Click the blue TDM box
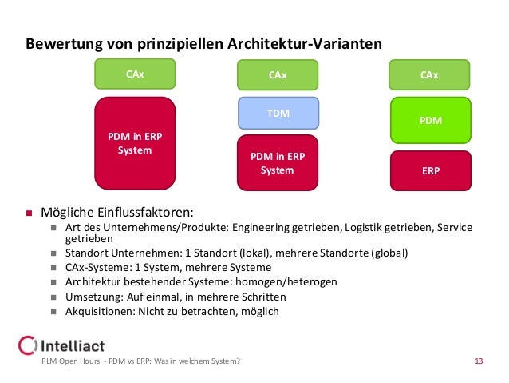point(278,114)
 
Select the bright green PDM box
point(429,120)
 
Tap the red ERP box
point(429,170)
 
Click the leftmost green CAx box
point(135,74)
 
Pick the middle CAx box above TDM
point(278,75)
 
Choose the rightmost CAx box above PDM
point(429,75)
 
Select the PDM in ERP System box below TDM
point(278,163)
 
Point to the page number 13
point(479,363)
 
